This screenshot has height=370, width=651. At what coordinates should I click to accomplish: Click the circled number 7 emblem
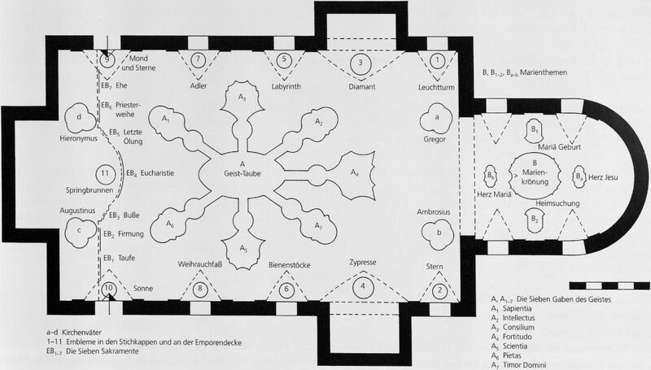tap(198, 59)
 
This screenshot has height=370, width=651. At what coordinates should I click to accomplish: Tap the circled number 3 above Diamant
tap(360, 63)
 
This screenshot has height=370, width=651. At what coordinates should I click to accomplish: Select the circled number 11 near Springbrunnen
tap(104, 173)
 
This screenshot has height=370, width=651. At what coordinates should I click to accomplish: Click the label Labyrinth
tap(286, 87)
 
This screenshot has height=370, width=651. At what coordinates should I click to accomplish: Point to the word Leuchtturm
tap(436, 87)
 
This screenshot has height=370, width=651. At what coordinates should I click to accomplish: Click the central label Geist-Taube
tap(242, 174)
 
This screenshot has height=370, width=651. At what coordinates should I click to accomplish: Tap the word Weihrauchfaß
tap(199, 263)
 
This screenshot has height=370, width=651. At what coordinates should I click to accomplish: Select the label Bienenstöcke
tap(290, 264)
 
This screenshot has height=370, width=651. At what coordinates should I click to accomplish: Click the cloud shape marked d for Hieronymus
tap(80, 118)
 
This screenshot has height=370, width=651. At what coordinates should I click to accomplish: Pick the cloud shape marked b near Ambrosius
tap(437, 234)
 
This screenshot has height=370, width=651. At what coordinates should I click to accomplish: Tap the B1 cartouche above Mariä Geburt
tap(535, 130)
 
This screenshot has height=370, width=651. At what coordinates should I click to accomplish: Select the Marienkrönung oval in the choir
tap(535, 175)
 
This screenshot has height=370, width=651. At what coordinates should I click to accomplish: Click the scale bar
tap(609, 285)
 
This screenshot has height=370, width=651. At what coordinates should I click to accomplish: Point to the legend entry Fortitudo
tap(517, 337)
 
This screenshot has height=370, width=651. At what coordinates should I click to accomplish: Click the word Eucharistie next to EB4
tap(157, 173)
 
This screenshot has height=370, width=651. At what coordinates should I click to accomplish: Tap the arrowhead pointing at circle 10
tap(109, 296)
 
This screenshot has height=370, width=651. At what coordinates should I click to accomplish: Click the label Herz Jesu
tap(603, 177)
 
